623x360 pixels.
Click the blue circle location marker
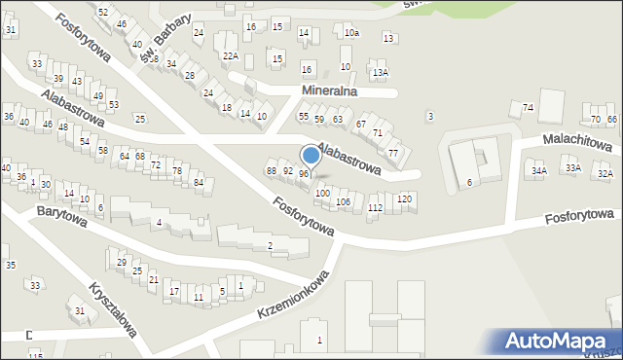(x=311, y=155)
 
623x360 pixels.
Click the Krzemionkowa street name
(x=293, y=298)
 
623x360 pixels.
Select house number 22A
(x=231, y=56)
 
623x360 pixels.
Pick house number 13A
(x=380, y=72)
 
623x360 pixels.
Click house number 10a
(x=351, y=33)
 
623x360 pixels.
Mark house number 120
(x=405, y=198)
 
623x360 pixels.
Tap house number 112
(x=375, y=208)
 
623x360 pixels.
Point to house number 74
(x=528, y=107)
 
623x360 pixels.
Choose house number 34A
(x=538, y=170)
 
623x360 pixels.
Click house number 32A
(x=605, y=173)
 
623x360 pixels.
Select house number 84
(x=198, y=182)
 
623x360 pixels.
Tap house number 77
(x=393, y=154)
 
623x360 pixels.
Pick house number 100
(x=322, y=194)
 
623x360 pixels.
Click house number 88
(x=272, y=171)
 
